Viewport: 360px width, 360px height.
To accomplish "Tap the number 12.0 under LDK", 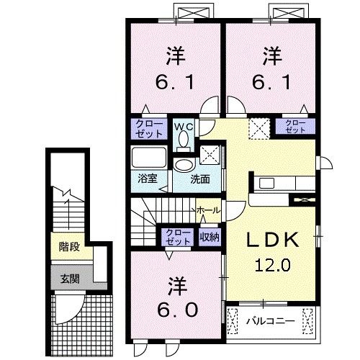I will pyautogui.click(x=270, y=265).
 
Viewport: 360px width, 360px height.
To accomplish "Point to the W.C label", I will pyautogui.click(x=184, y=126).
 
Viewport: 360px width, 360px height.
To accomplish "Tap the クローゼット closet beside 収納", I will pyautogui.click(x=175, y=236).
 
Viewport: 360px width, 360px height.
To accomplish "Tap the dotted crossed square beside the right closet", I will pyautogui.click(x=258, y=128).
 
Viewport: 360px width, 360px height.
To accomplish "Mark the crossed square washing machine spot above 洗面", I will pyautogui.click(x=210, y=153).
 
